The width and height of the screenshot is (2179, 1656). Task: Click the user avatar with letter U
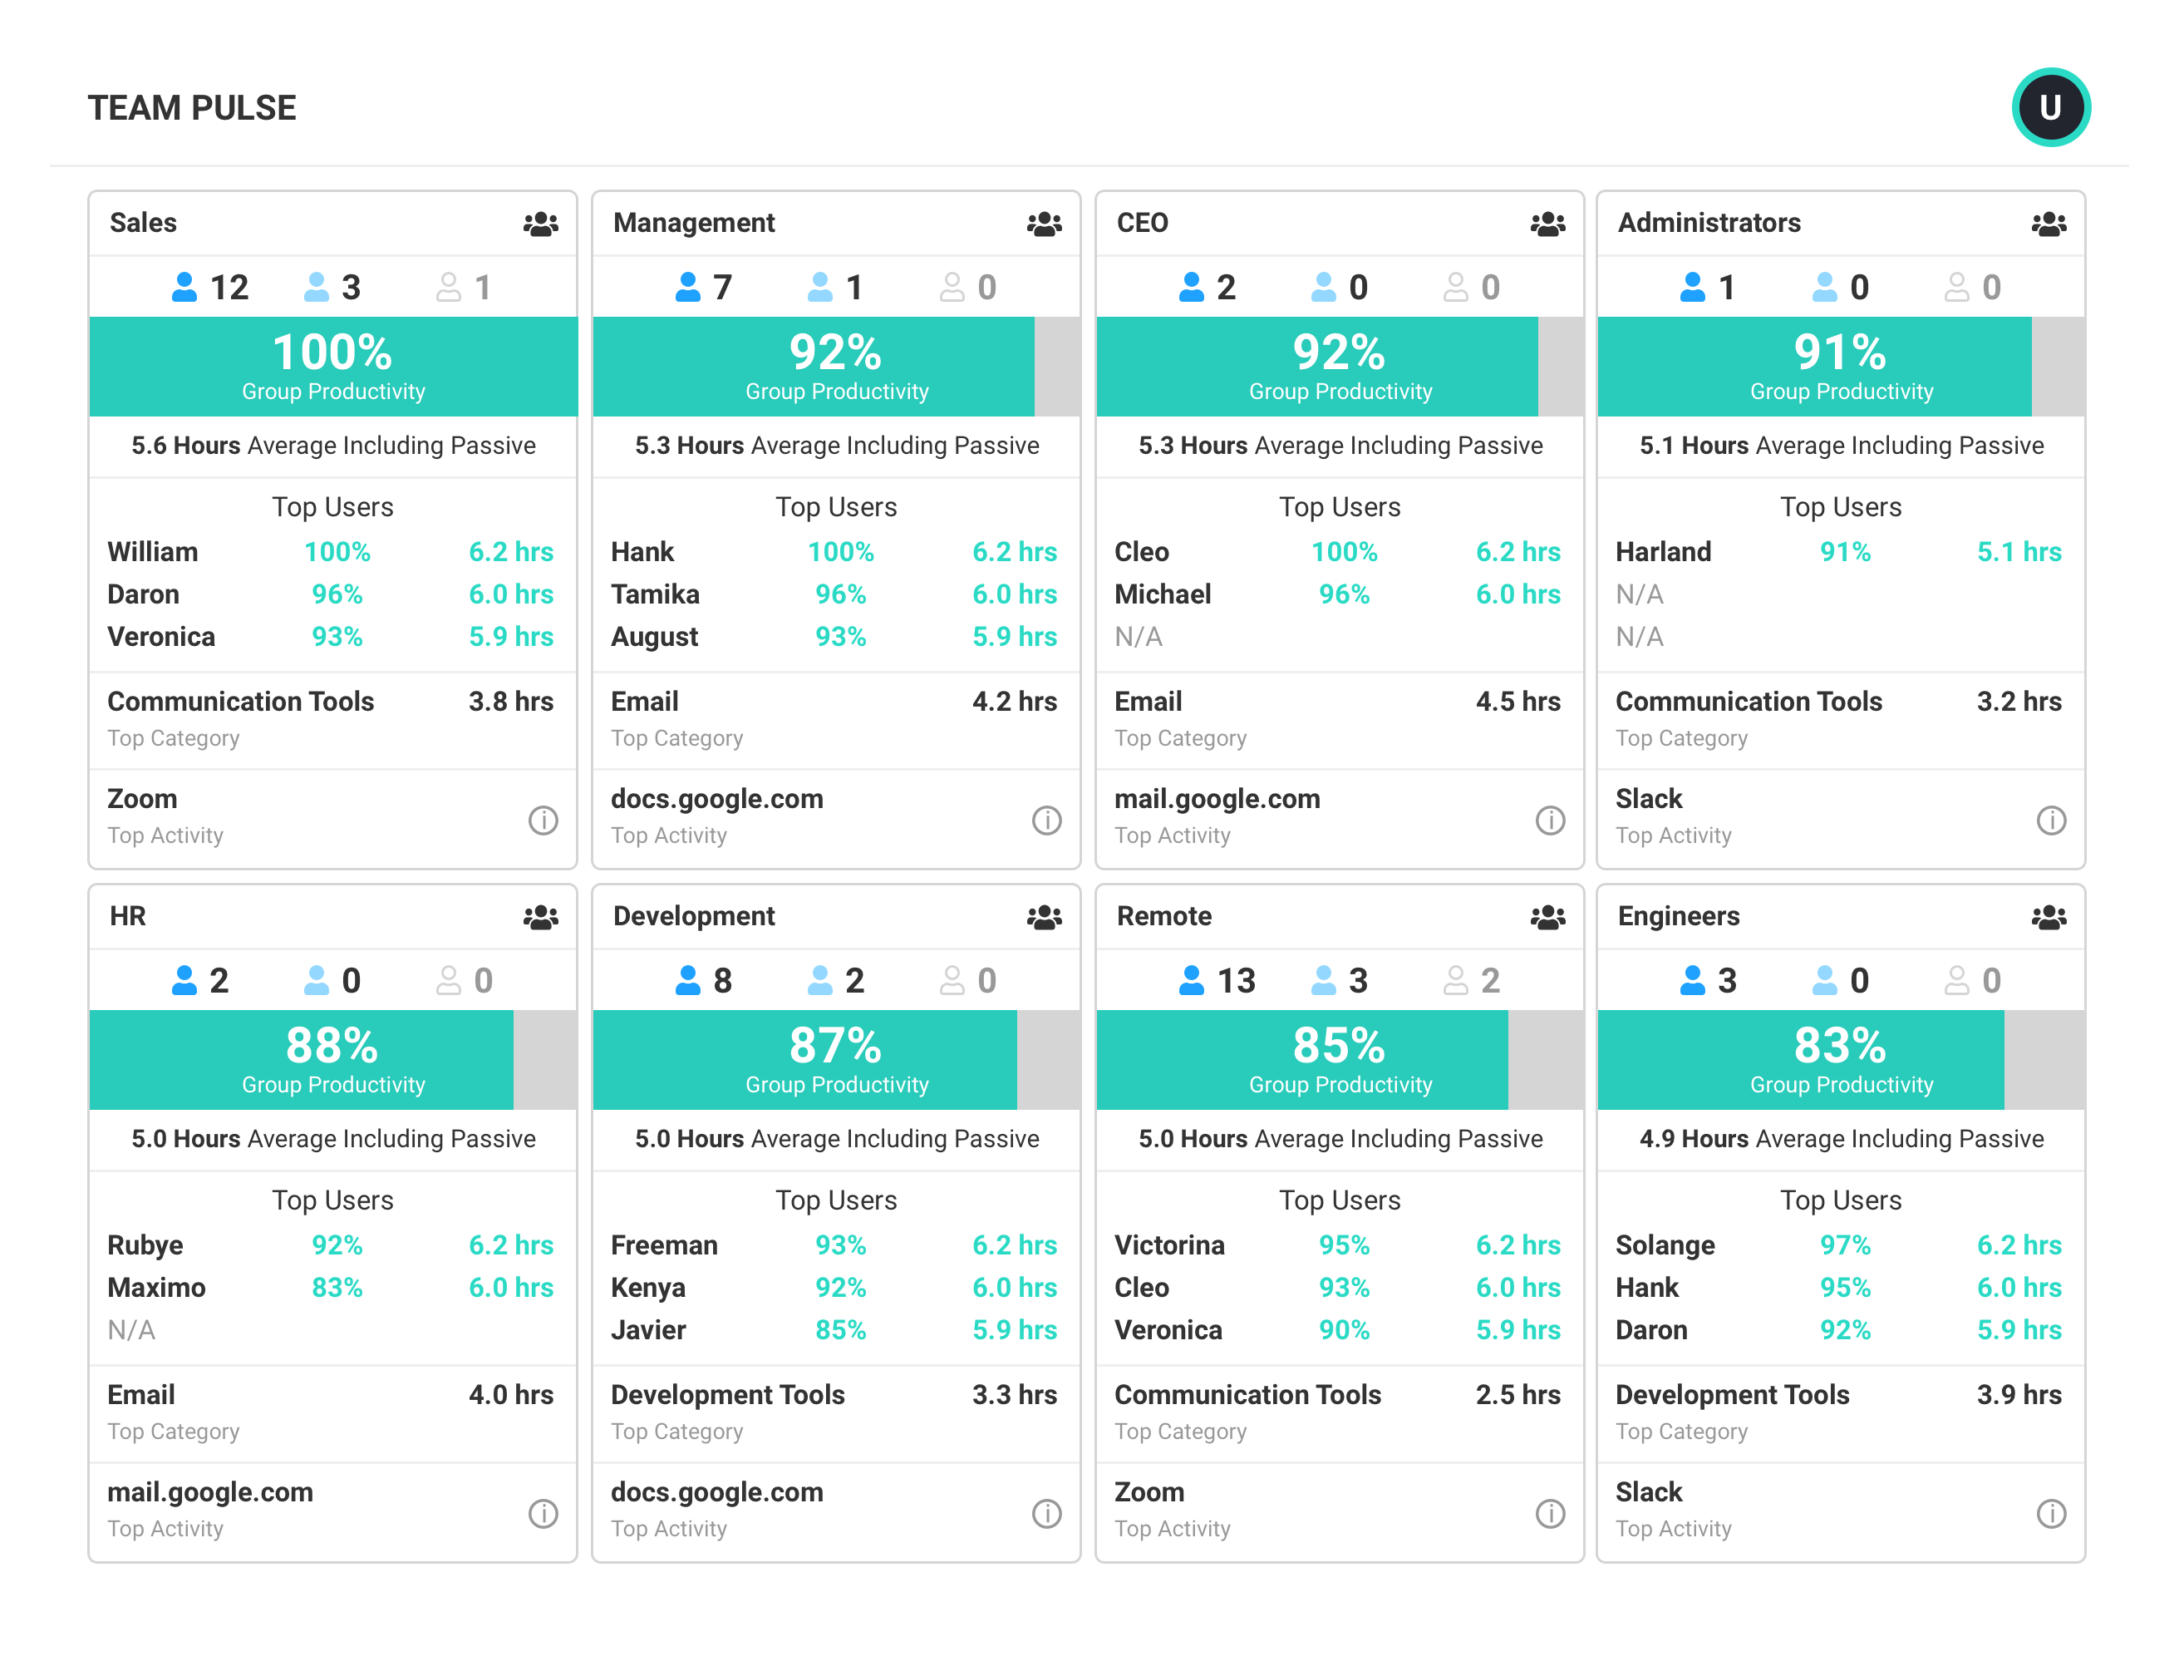(2050, 107)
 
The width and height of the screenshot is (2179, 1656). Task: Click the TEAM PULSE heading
(191, 107)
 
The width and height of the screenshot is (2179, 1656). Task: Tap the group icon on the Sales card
(540, 224)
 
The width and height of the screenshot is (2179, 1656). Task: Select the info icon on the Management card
(1045, 821)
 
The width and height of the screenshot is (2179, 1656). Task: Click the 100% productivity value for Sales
(332, 352)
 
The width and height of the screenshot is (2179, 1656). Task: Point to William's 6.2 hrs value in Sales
(510, 552)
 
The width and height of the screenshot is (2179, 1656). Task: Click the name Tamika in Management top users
(654, 594)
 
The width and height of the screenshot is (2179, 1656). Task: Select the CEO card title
(1141, 223)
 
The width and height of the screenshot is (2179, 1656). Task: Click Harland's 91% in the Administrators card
(1844, 552)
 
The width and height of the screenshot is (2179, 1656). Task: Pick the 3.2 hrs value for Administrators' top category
(2018, 702)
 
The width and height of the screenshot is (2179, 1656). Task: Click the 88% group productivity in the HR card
(332, 1046)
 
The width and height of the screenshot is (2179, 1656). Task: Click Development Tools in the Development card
(727, 1395)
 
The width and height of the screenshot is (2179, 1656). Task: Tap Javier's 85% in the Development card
(839, 1330)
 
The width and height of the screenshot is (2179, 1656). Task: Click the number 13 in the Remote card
(1235, 981)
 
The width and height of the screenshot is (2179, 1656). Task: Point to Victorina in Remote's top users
(1168, 1245)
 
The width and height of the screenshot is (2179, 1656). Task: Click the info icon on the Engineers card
(2050, 1513)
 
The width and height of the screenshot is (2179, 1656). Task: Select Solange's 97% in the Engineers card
(1844, 1245)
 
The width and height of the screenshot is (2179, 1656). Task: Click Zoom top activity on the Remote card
(1149, 1491)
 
